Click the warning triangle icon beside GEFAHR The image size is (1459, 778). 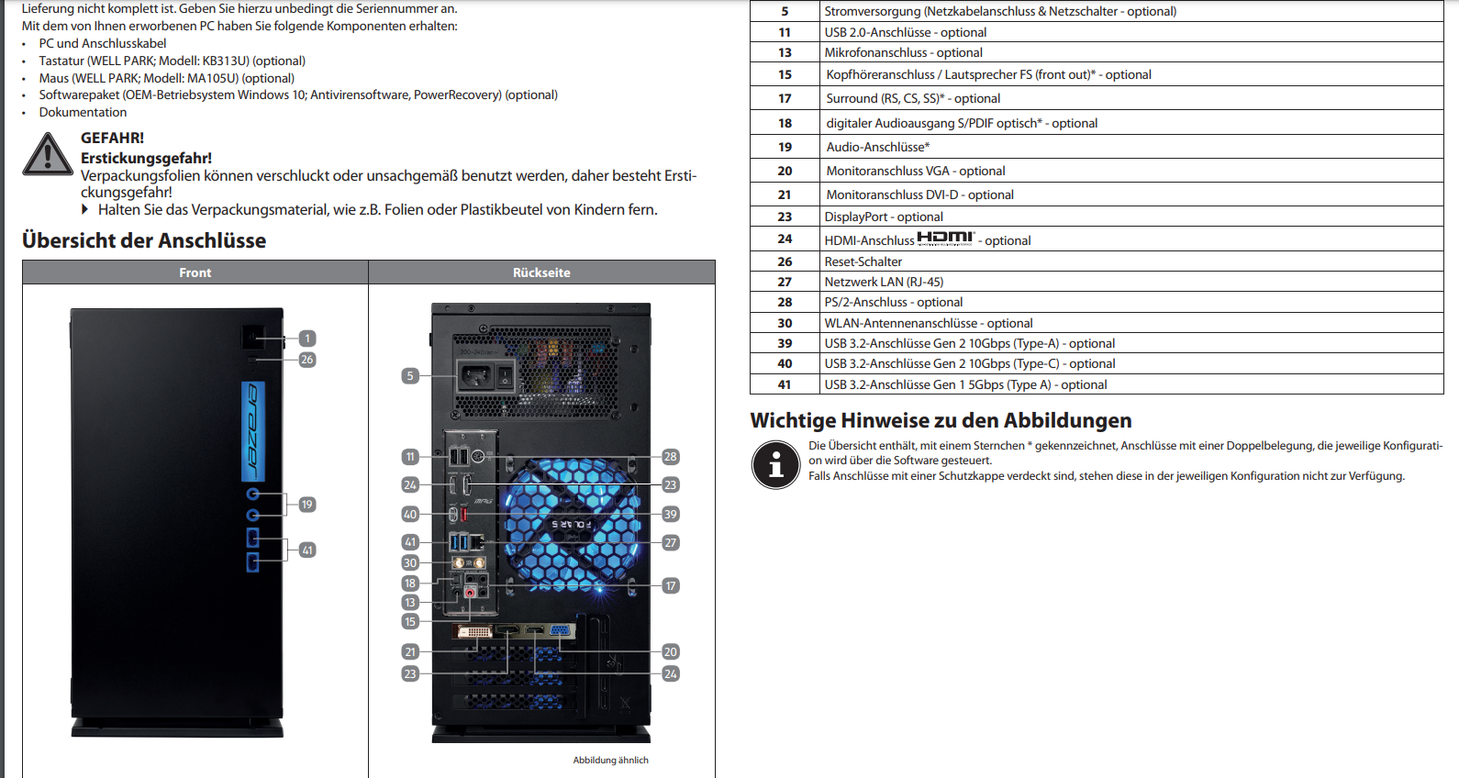pos(48,154)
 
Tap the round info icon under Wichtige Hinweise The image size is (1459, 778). pos(776,463)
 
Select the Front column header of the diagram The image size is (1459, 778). pos(195,272)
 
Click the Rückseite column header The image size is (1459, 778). pos(541,272)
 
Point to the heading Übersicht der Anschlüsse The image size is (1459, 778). pos(144,240)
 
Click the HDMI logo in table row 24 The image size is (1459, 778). pos(945,238)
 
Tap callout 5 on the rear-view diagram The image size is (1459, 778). pos(410,375)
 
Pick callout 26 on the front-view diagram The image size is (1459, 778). pos(307,360)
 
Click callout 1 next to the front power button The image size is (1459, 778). pos(307,339)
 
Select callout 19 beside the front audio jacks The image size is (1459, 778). pos(307,505)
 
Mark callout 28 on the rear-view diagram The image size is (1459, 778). pos(671,457)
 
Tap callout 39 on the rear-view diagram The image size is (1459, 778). pos(671,514)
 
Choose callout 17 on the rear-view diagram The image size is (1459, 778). pos(671,585)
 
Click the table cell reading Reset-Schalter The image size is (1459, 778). pos(863,261)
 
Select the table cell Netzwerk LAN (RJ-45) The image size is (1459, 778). pos(884,282)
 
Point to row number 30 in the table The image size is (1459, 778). pos(785,323)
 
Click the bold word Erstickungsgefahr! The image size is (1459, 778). pos(146,158)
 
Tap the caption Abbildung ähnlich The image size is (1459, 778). pos(610,760)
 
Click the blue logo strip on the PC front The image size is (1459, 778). pos(253,431)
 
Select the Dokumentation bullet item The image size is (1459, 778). pos(83,112)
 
